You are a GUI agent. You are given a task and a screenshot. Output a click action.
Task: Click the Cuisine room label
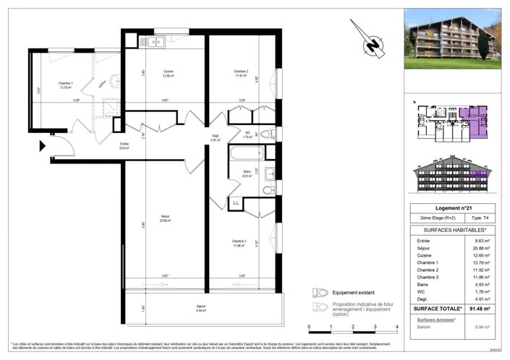point(168,70)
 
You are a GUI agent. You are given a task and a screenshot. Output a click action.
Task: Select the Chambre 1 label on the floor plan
point(66,83)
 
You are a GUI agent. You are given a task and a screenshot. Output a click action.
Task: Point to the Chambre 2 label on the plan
point(241,71)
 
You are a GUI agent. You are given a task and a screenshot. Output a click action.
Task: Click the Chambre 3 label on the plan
point(240,241)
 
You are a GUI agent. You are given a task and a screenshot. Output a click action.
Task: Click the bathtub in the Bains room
point(241,155)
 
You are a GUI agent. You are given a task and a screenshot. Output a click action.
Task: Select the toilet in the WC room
point(265,134)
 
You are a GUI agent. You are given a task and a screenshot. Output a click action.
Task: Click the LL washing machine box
point(236,204)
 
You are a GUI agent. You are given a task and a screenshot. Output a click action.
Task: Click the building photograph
point(452,38)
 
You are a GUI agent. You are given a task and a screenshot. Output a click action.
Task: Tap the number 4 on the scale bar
point(398,327)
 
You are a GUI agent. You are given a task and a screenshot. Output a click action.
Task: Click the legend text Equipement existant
point(357,293)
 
